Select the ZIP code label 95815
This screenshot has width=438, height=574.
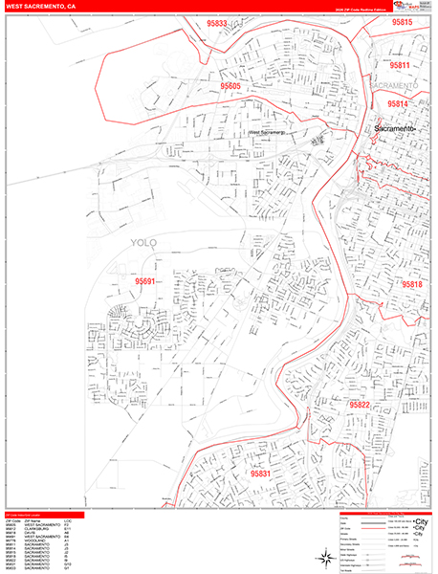pos(402,22)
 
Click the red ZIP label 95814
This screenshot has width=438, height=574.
pos(397,103)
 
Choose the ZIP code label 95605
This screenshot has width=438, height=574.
pos(230,86)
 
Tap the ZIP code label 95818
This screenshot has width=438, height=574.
pos(413,285)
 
